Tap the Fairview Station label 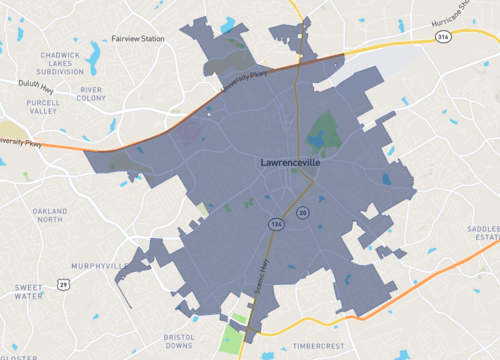click(x=138, y=39)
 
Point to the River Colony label click(x=92, y=93)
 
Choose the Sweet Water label click(x=28, y=292)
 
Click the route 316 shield click(x=442, y=37)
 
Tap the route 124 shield click(x=275, y=224)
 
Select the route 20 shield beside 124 click(x=302, y=213)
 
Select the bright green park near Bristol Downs click(x=232, y=337)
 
